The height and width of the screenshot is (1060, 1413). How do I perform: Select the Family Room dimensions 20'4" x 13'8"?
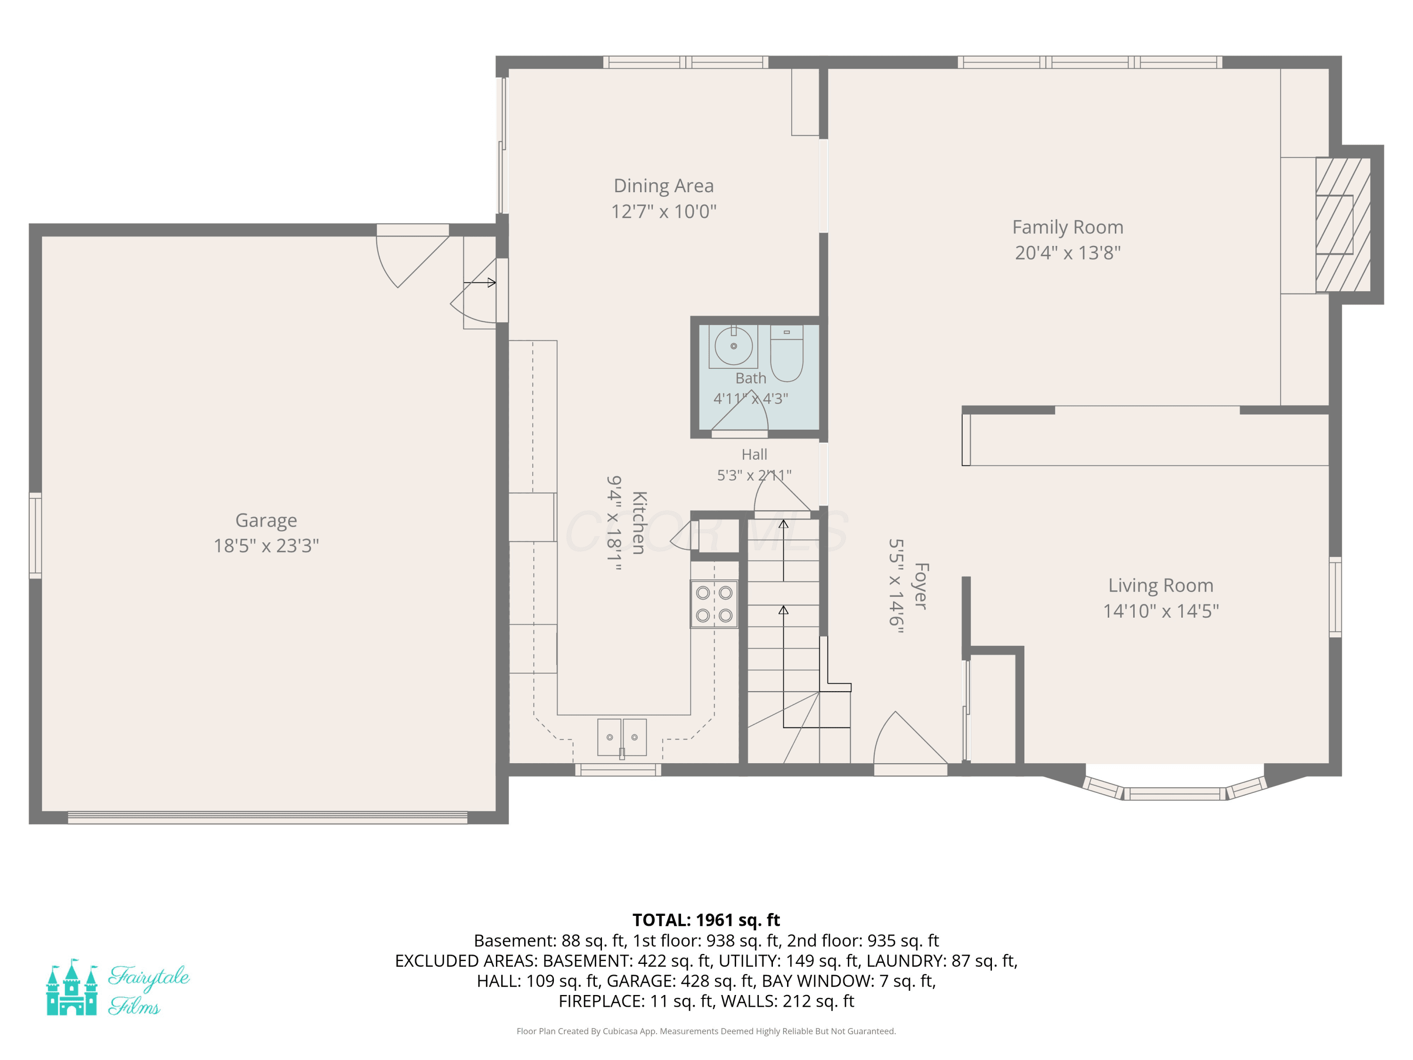coord(1067,253)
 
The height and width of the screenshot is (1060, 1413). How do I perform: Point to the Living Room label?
coord(1161,585)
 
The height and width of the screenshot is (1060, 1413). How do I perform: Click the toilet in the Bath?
coord(787,353)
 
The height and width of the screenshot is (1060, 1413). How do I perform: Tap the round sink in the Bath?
coord(733,346)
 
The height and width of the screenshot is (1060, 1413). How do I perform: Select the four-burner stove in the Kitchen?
coord(714,604)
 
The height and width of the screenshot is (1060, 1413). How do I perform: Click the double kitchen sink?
coord(622,737)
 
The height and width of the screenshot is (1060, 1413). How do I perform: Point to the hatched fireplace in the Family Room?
coord(1343,225)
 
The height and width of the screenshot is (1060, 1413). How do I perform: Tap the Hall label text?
coord(755,454)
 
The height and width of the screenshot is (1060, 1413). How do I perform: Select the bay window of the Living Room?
coord(1174,787)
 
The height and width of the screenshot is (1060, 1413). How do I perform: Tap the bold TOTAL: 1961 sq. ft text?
coord(706,920)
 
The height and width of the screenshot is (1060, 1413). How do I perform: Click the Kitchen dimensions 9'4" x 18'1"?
coord(614,522)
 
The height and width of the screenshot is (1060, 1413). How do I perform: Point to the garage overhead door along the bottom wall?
coord(268,818)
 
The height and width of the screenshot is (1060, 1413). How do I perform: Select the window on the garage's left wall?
coord(36,536)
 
